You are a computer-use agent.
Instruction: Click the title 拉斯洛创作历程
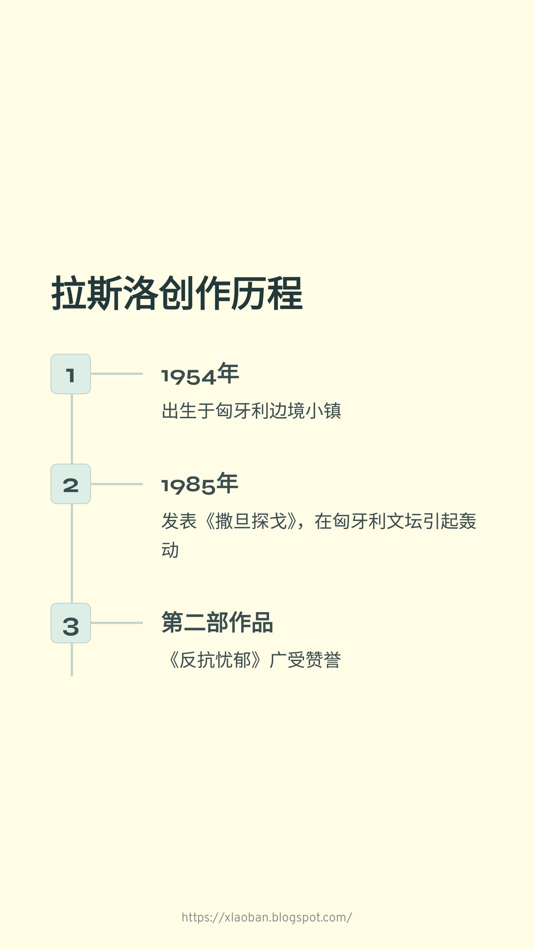[177, 293]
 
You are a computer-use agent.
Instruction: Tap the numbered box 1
[71, 374]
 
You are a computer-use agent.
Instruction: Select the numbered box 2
[71, 484]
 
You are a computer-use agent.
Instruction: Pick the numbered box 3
[71, 623]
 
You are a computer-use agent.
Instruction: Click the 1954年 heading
[200, 374]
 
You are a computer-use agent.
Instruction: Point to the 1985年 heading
[200, 484]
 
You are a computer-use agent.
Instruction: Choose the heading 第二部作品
[217, 622]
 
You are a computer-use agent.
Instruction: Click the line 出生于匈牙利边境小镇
[251, 411]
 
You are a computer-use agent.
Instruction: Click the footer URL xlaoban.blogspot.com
[267, 917]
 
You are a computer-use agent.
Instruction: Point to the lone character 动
[170, 550]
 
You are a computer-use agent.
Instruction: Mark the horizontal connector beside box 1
[116, 374]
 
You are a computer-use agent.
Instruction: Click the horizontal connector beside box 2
[116, 484]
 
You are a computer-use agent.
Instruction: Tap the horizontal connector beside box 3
[116, 623]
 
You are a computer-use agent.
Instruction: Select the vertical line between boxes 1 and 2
[72, 429]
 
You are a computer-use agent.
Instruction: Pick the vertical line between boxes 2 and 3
[72, 553]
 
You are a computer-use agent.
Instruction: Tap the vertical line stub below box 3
[72, 659]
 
